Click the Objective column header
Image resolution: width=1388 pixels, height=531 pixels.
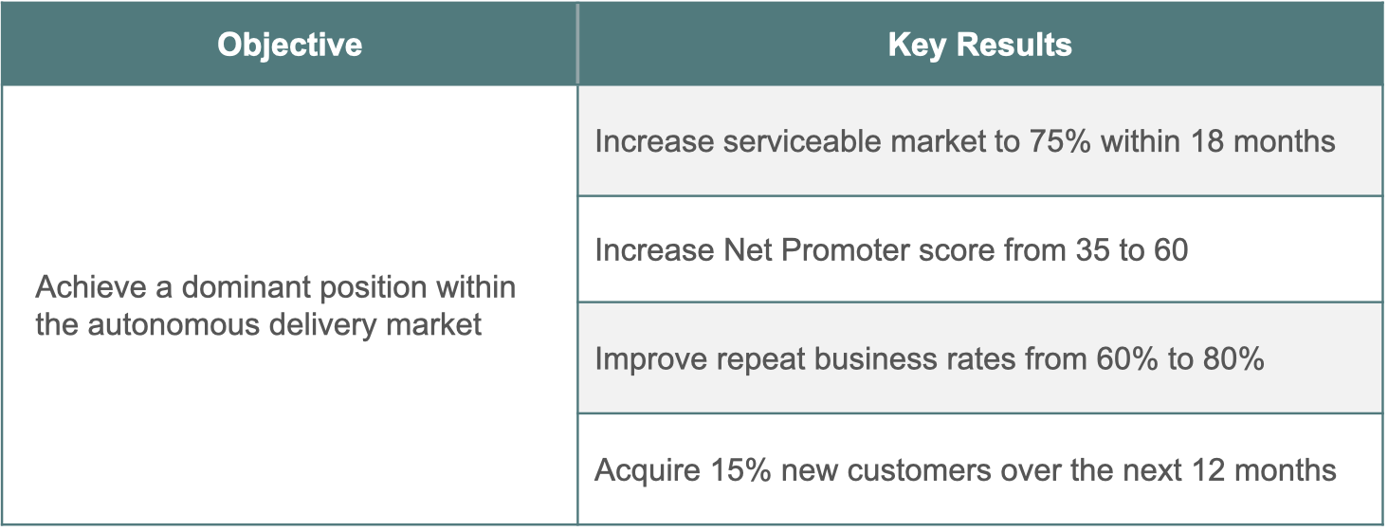pos(289,46)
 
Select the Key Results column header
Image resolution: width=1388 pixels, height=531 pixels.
pos(979,46)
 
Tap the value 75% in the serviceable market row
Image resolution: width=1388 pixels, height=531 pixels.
pos(1060,141)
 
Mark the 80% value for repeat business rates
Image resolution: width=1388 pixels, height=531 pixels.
pos(1233,359)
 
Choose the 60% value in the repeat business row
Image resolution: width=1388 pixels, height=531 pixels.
pos(1126,359)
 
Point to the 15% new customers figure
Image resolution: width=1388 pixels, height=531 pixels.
pos(740,470)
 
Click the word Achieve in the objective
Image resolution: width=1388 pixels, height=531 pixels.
pos(91,287)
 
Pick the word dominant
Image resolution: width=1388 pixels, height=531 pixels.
pos(246,287)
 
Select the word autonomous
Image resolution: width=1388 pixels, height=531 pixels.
pos(173,325)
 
